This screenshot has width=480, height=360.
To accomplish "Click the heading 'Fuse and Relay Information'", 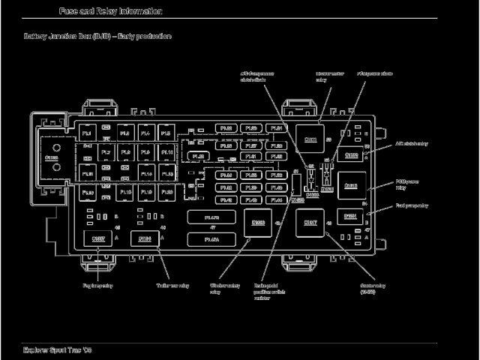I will coord(110,11).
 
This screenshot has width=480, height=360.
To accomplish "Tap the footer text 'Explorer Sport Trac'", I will coord(57,350).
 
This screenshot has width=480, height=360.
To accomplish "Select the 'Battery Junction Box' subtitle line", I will coord(97,36).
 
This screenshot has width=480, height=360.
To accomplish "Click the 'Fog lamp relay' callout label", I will coord(98,286).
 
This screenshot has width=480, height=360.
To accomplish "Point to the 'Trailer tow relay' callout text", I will coord(172,286).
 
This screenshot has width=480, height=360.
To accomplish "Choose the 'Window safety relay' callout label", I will coord(225,289).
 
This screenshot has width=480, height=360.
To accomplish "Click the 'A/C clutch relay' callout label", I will coord(412,143).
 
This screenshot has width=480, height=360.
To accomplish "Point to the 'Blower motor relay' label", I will coord(325,77).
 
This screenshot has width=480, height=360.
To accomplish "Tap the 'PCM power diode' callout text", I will coord(374,73).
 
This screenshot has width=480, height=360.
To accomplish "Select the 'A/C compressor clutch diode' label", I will coord(257,77).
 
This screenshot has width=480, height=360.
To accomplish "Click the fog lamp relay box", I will coord(98,239).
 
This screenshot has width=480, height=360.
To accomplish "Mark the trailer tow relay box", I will coord(145,239).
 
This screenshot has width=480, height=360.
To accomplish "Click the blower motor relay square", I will coord(310,139).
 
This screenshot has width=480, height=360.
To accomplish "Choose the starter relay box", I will coord(310,223).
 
